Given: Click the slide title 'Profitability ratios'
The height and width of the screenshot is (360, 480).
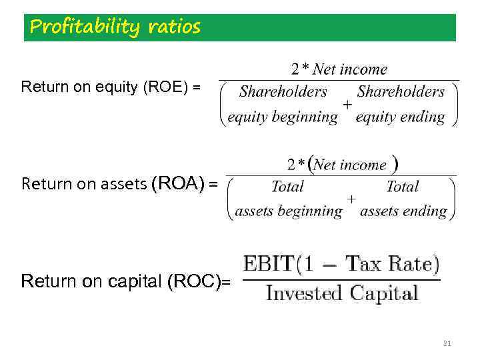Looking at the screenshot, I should (x=115, y=27).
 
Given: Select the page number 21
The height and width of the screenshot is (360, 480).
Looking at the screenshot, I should (x=447, y=343).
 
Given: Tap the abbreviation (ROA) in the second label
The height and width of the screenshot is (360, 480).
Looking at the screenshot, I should (x=179, y=183).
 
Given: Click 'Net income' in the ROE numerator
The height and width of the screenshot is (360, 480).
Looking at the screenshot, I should (x=349, y=69).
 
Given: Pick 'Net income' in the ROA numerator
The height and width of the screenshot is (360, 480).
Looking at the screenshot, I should (x=350, y=165).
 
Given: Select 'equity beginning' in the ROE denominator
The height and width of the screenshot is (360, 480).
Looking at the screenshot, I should (x=283, y=117).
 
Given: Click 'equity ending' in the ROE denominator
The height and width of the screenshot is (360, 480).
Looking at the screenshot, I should (x=400, y=117).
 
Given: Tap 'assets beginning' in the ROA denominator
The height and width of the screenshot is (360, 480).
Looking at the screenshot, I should (x=288, y=211).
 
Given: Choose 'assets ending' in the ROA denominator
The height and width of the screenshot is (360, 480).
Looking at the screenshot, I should (x=403, y=211).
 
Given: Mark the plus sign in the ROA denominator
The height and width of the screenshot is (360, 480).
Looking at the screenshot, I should (x=351, y=199).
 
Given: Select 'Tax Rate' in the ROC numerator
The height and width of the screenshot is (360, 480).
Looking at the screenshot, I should (x=393, y=263).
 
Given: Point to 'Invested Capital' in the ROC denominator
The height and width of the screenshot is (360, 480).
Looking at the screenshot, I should (x=341, y=293).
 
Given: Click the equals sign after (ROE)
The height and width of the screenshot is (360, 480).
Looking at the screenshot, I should (x=195, y=87).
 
